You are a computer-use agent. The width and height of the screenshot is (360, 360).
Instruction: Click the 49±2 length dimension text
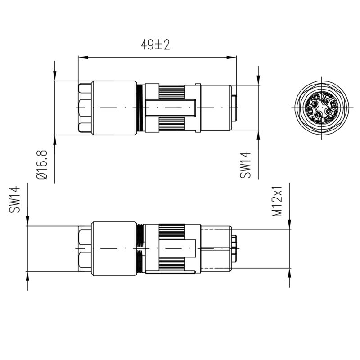(x=155, y=45)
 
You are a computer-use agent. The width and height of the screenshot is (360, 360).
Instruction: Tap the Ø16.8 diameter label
(x=42, y=165)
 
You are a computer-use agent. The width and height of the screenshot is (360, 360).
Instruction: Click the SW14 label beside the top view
(x=245, y=165)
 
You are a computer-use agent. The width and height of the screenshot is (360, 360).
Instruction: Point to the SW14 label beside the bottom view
(x=14, y=199)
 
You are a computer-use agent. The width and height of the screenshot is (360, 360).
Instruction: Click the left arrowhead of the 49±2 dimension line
(x=83, y=58)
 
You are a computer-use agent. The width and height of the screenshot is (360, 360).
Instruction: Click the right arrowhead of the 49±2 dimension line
(x=231, y=58)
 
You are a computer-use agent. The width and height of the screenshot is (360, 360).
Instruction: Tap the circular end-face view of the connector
(x=322, y=108)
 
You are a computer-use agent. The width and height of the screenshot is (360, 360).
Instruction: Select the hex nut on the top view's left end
(x=85, y=108)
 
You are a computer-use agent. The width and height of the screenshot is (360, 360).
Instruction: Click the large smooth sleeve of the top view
(x=115, y=108)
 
